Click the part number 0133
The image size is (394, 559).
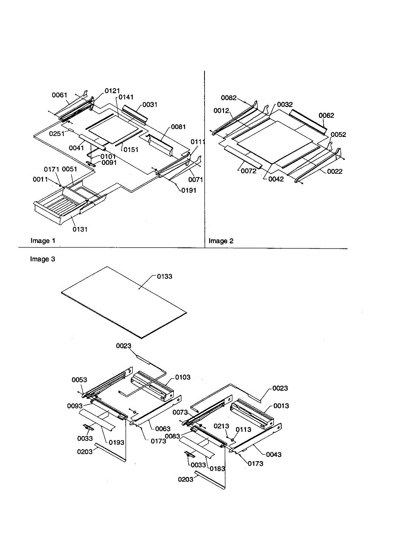pos(164,276)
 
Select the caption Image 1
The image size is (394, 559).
pos(43,241)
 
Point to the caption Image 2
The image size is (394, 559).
pos(221,241)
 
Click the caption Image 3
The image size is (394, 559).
pos(43,259)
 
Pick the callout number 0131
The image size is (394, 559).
pos(80,229)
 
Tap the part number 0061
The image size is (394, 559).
pos(59,95)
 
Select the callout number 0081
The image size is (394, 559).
pos(178,127)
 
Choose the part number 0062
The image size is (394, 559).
pos(326,115)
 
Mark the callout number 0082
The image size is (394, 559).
pos(229,98)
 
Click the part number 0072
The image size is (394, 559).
pos(249,171)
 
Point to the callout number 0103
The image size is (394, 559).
pos(182,377)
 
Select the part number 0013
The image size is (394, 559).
pos(281,406)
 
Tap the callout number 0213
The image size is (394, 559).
pos(221,426)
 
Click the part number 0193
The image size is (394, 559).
pos(116,443)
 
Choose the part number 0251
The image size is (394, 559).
pos(57,133)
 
